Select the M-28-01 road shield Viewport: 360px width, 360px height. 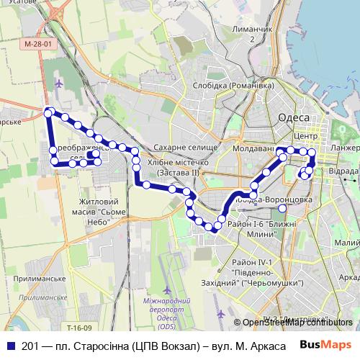tap(37, 44)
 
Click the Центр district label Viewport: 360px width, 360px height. tap(306, 135)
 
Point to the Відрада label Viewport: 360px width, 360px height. tap(343, 173)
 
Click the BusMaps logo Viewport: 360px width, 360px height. tap(326, 345)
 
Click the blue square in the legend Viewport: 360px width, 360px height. tap(9, 346)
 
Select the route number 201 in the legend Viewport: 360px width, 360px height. tap(28, 346)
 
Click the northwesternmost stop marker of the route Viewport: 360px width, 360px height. tap(49, 112)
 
